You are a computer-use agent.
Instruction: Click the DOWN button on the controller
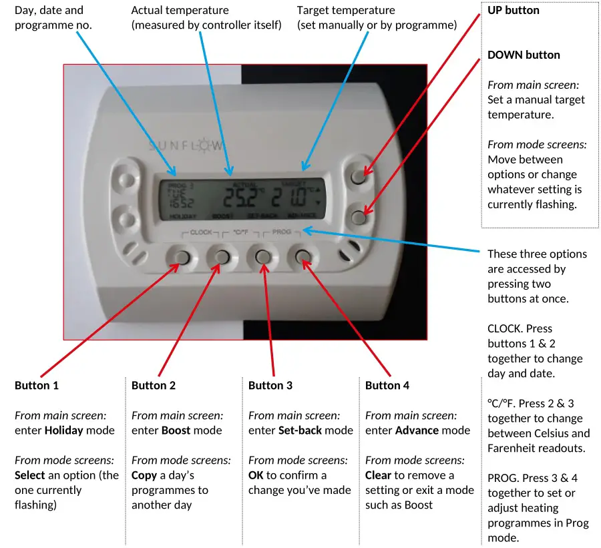click(x=359, y=216)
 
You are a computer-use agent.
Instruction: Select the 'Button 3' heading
click(x=270, y=386)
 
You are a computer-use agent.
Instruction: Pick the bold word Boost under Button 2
click(x=176, y=431)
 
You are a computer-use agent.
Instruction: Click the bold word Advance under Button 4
click(x=417, y=431)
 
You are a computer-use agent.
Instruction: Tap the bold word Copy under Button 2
click(x=145, y=475)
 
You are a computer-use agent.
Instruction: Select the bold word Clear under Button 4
click(x=378, y=475)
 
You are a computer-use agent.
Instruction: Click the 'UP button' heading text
click(x=514, y=11)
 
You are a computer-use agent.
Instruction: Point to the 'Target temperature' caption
click(x=346, y=11)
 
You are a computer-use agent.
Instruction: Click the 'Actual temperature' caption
click(x=180, y=11)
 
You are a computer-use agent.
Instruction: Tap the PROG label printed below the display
click(x=282, y=232)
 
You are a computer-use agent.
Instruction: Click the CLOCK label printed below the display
click(x=201, y=232)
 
